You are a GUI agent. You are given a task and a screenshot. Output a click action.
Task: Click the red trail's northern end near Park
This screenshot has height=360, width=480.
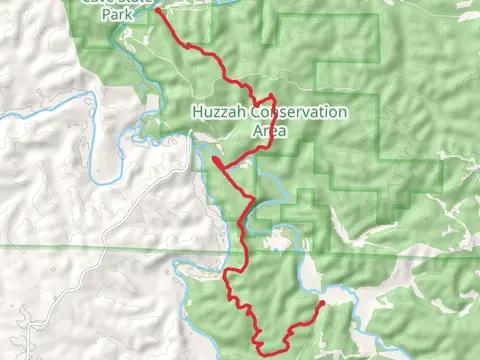point(157,12)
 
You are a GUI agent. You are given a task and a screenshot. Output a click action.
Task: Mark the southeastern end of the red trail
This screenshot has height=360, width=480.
point(322,302)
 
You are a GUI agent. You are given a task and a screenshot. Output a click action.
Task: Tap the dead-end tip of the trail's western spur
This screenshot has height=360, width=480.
point(214,158)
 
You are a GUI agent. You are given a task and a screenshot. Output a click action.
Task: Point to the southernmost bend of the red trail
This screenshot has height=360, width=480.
point(262,351)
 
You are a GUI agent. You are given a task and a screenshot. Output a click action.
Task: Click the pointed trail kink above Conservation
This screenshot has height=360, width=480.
point(271,96)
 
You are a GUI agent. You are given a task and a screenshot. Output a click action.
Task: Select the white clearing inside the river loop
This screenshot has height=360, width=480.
point(277,241)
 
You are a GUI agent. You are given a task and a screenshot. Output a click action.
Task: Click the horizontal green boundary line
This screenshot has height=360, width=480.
point(100,246)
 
